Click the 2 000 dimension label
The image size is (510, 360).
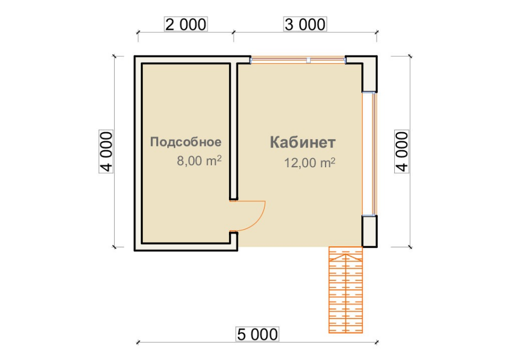point(186,24)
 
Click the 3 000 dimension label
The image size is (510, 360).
point(305,24)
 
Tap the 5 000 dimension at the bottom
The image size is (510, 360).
point(257,335)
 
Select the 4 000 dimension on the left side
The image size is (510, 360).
point(106,151)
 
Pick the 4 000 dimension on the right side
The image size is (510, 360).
point(402,151)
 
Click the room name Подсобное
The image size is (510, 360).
point(186,142)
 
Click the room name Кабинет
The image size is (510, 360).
point(302,142)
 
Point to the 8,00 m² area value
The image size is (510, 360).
point(199,160)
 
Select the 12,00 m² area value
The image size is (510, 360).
point(310,162)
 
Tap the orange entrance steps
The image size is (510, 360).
point(345,290)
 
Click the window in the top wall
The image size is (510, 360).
point(298,60)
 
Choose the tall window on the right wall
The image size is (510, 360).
point(370,154)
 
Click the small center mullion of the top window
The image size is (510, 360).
point(308,60)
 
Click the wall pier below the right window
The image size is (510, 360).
point(370,231)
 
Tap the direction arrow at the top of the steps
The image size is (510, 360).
point(345,257)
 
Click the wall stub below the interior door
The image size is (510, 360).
point(234,241)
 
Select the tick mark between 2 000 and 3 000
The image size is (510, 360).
point(233,32)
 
